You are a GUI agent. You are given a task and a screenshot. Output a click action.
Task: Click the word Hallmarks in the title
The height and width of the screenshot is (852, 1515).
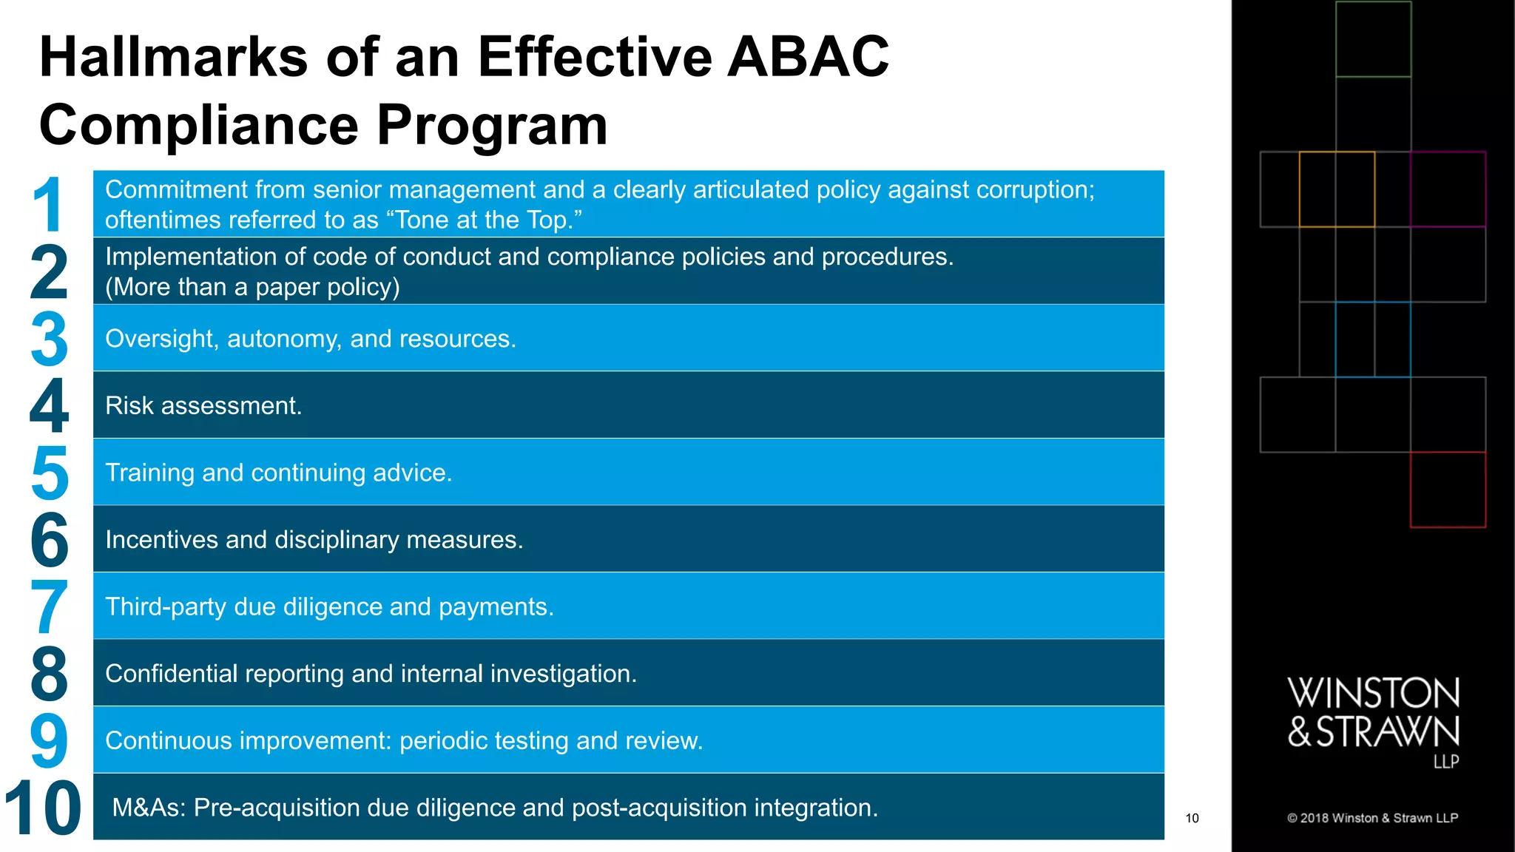coord(173,57)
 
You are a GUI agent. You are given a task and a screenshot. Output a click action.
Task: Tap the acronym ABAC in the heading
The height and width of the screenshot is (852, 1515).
coord(808,57)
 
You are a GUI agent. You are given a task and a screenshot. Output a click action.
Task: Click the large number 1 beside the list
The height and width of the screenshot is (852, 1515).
coord(49,205)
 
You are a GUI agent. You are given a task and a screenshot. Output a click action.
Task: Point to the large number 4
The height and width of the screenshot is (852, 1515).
coord(49,405)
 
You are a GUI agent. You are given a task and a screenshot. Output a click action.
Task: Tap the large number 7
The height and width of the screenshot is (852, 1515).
coord(49,606)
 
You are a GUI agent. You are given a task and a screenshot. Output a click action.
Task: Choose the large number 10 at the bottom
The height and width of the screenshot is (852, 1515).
coord(43,808)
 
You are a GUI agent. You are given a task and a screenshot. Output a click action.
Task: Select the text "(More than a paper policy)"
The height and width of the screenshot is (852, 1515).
coord(252,287)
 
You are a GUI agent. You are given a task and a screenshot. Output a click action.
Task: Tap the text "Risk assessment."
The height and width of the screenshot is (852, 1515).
coord(203,406)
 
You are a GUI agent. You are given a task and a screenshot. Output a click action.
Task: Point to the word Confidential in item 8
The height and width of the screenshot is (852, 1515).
coord(172,674)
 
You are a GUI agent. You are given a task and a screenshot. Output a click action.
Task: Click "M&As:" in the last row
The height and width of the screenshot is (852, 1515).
coord(149,808)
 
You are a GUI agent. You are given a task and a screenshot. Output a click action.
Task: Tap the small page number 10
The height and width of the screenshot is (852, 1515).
coord(1192,818)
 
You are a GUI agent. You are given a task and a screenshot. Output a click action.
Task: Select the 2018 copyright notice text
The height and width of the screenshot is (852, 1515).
coord(1372,818)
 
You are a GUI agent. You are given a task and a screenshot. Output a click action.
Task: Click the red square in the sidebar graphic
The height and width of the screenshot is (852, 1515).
coord(1448,490)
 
